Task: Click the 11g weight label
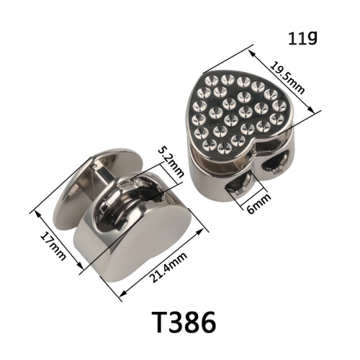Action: click(x=302, y=38)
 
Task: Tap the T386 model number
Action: click(x=184, y=323)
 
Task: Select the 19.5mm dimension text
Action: click(x=287, y=77)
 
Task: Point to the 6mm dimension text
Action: click(x=258, y=204)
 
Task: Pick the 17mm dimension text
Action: click(x=53, y=247)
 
